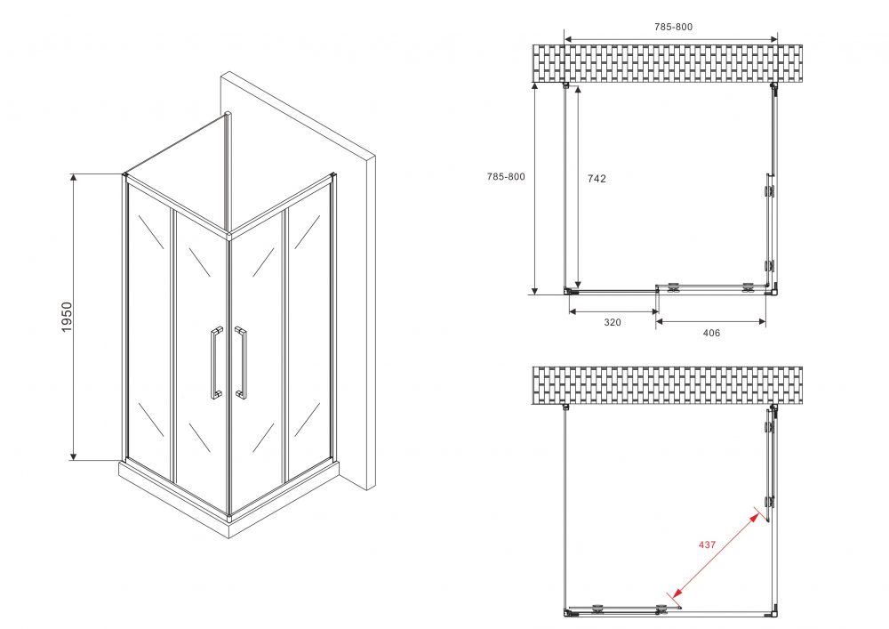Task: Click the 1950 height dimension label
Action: (67, 317)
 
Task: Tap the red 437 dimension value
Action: (707, 544)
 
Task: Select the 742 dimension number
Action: (597, 179)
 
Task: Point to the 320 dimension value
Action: (613, 322)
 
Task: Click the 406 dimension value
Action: (711, 333)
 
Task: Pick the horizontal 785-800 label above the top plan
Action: (673, 27)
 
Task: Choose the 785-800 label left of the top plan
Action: (506, 176)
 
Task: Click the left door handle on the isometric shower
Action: (216, 363)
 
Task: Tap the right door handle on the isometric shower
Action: (240, 362)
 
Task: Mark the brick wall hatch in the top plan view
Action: (668, 64)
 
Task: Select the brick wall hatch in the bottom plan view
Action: (668, 386)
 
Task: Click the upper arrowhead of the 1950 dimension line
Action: (73, 178)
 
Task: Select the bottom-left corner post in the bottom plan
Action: (567, 613)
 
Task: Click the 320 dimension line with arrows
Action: (613, 311)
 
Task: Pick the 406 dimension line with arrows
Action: (711, 321)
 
